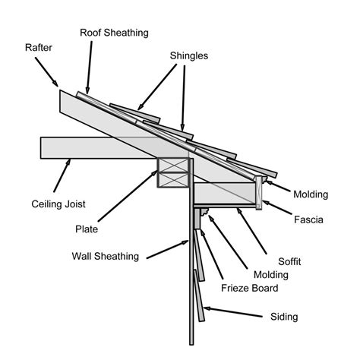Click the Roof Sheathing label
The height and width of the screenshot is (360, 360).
click(x=114, y=33)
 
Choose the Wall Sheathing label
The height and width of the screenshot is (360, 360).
click(x=106, y=256)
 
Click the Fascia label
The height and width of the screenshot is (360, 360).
click(x=309, y=220)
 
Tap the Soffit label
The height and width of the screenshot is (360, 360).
click(x=289, y=261)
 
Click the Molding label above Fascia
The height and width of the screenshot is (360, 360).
click(x=311, y=194)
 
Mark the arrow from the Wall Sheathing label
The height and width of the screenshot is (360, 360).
click(x=166, y=248)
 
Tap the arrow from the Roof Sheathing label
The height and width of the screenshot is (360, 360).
click(x=90, y=68)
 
